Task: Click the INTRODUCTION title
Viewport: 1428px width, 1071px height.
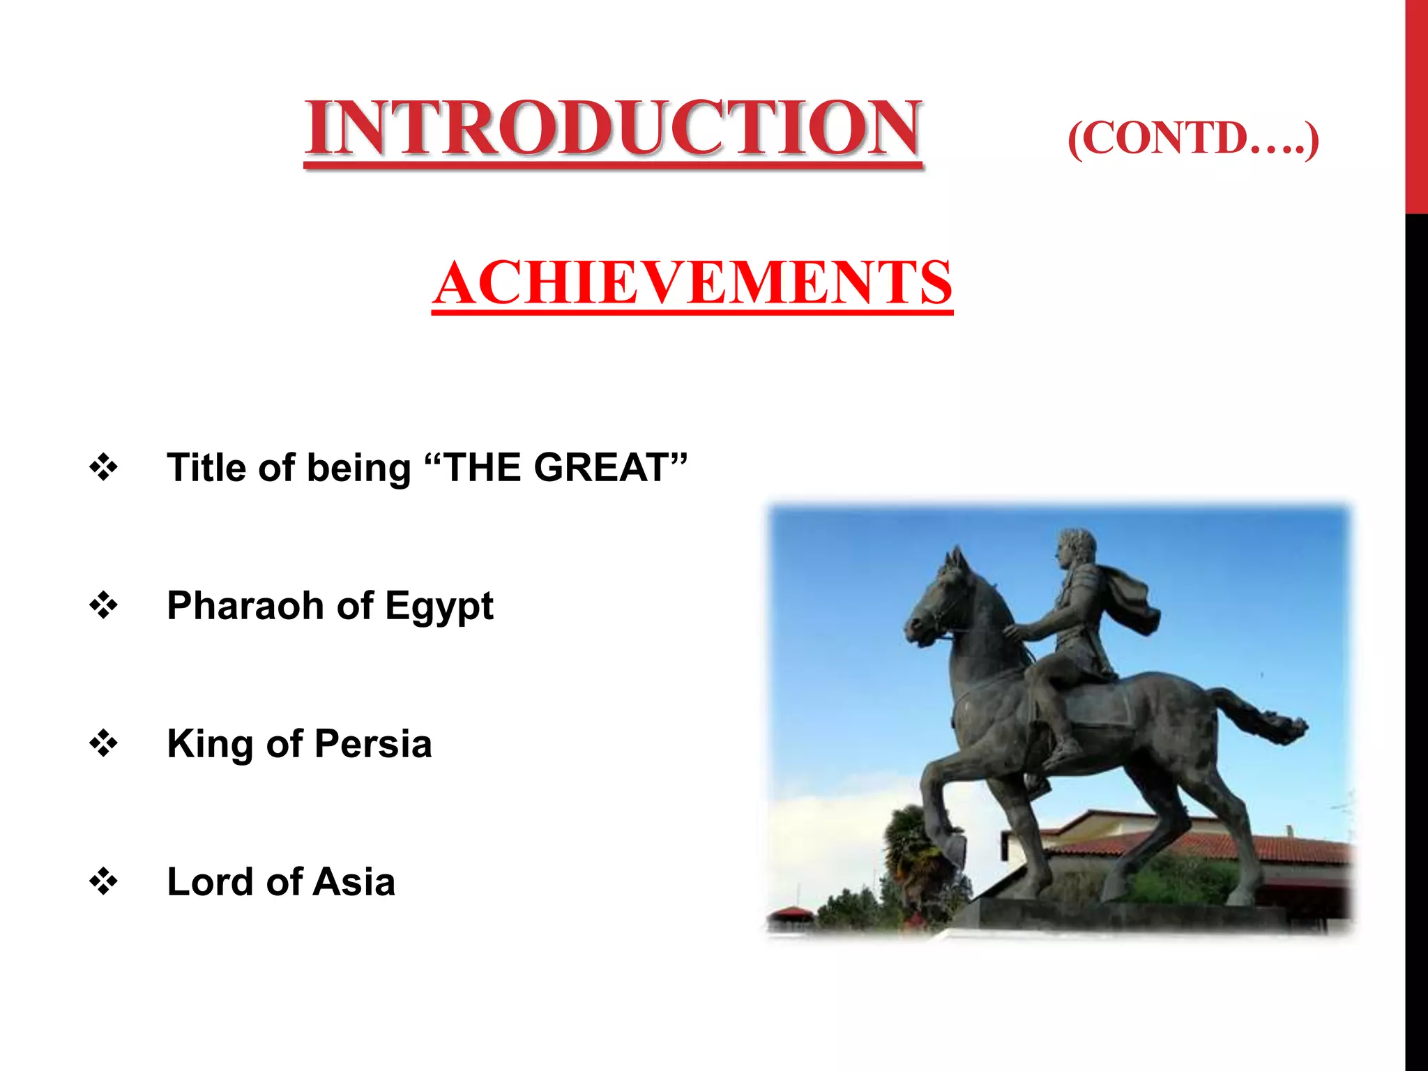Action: coord(612,128)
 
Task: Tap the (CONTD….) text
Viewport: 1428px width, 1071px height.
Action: coord(1192,139)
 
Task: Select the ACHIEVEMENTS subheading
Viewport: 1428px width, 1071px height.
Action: coord(692,282)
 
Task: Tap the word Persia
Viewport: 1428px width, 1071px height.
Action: coord(372,743)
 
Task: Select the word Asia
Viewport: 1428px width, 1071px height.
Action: coord(354,881)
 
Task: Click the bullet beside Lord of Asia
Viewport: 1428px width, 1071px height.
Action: coord(103,881)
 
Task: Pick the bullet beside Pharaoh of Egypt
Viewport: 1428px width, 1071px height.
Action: coord(103,605)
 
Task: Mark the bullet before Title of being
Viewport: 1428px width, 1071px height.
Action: coord(103,467)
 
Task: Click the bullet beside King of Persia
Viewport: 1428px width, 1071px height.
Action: coord(103,743)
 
